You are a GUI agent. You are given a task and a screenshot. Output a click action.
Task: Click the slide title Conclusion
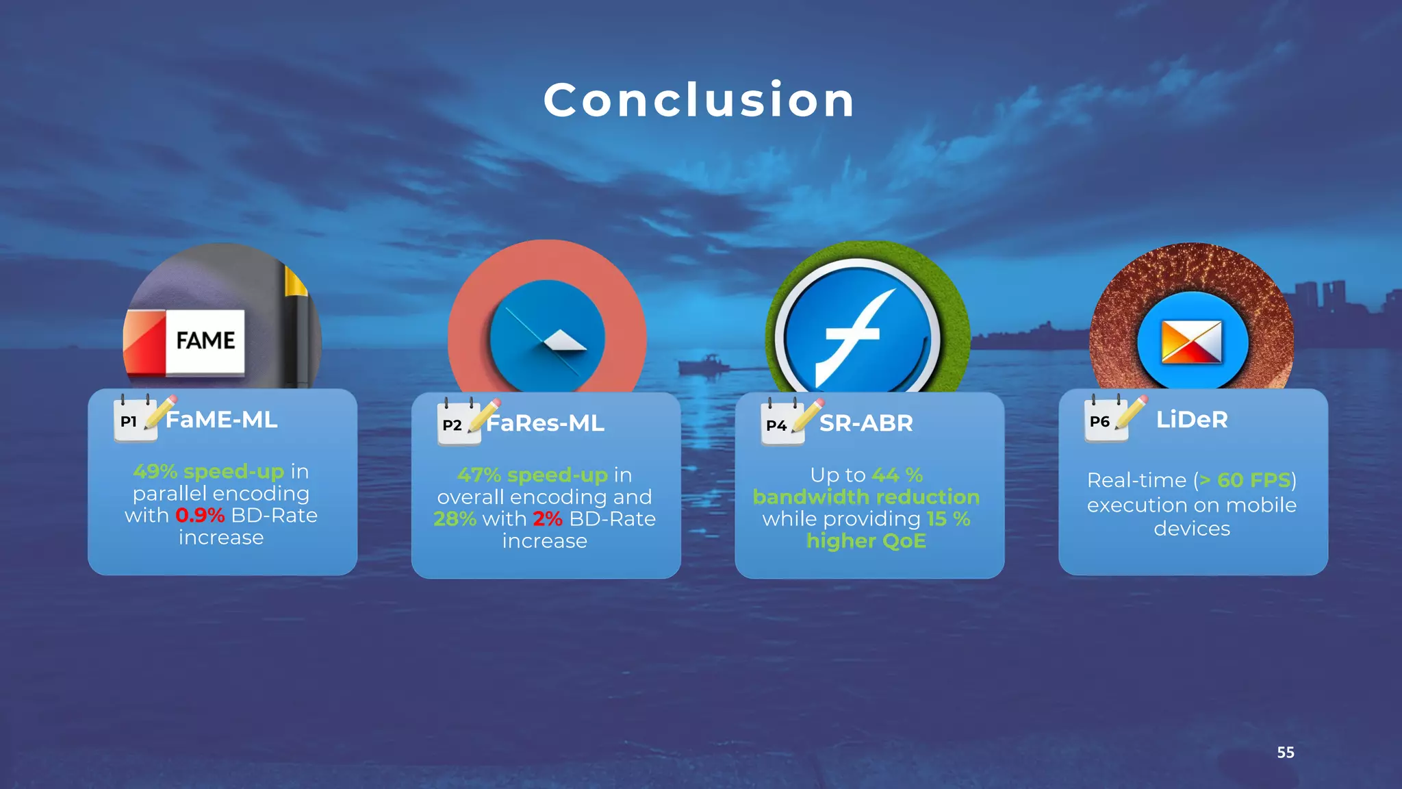tap(699, 100)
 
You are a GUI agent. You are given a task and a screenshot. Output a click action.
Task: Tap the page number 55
tap(1285, 752)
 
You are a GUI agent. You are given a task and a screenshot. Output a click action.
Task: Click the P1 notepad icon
tap(134, 419)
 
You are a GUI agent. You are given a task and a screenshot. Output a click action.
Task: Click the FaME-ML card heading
tap(222, 419)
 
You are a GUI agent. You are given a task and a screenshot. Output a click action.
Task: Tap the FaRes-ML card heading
tap(545, 423)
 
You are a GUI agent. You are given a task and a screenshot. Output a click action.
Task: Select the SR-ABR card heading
tap(866, 423)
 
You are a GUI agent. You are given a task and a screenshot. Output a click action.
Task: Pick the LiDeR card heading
tap(1192, 419)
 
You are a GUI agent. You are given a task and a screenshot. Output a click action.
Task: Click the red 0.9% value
tap(200, 515)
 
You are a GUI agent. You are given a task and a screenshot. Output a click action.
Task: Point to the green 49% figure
tap(155, 471)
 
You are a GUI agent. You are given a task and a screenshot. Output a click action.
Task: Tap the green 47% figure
tap(479, 475)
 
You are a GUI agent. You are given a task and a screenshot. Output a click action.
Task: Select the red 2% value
tap(548, 518)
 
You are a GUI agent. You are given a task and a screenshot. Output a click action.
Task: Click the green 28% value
tap(455, 518)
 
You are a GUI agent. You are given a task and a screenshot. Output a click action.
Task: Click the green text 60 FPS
tap(1253, 480)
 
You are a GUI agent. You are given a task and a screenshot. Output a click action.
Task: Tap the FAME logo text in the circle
tap(205, 340)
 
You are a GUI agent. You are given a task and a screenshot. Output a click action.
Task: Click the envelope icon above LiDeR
tap(1192, 342)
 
